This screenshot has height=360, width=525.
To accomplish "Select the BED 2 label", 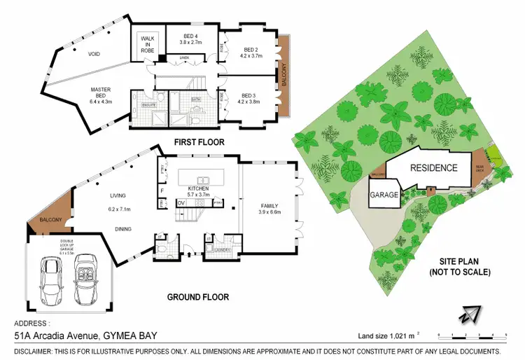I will coord(252,52).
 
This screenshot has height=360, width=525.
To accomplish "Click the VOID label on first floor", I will coord(94,54).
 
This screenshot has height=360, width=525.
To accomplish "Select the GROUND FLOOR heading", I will coord(197,297).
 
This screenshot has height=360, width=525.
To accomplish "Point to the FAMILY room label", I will coord(269,205).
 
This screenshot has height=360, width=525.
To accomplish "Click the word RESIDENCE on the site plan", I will coord(433,168).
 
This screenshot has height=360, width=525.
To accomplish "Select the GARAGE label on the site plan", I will coord(384,195).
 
